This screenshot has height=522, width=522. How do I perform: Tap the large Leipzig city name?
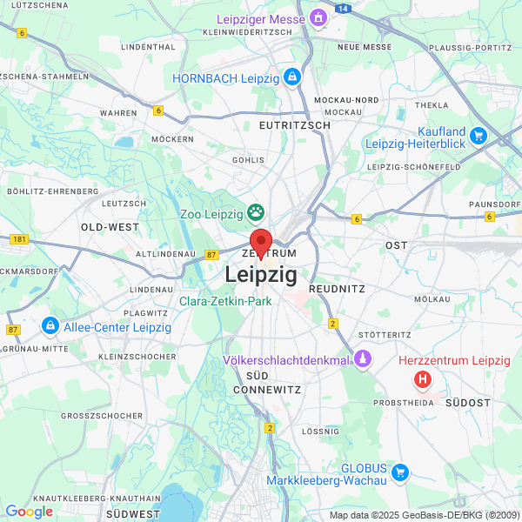261,275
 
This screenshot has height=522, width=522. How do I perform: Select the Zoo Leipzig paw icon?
256,211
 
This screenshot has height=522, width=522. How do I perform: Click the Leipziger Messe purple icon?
318,17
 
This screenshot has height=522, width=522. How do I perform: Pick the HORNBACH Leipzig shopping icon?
291,77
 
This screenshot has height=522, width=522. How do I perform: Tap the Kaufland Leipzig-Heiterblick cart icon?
478,135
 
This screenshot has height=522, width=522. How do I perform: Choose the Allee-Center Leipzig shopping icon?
50,327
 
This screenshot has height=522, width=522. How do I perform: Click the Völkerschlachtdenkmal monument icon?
363,359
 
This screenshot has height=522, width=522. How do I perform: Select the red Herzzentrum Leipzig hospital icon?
423,379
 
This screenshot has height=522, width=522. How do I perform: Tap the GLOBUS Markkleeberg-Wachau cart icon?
400,472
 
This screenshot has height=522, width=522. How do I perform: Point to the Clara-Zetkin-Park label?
225,301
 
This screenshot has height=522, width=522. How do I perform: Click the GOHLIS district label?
248,160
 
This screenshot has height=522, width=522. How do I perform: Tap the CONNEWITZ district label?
270,390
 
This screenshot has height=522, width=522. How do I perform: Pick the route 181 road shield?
20,238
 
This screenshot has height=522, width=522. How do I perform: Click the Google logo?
29,512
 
